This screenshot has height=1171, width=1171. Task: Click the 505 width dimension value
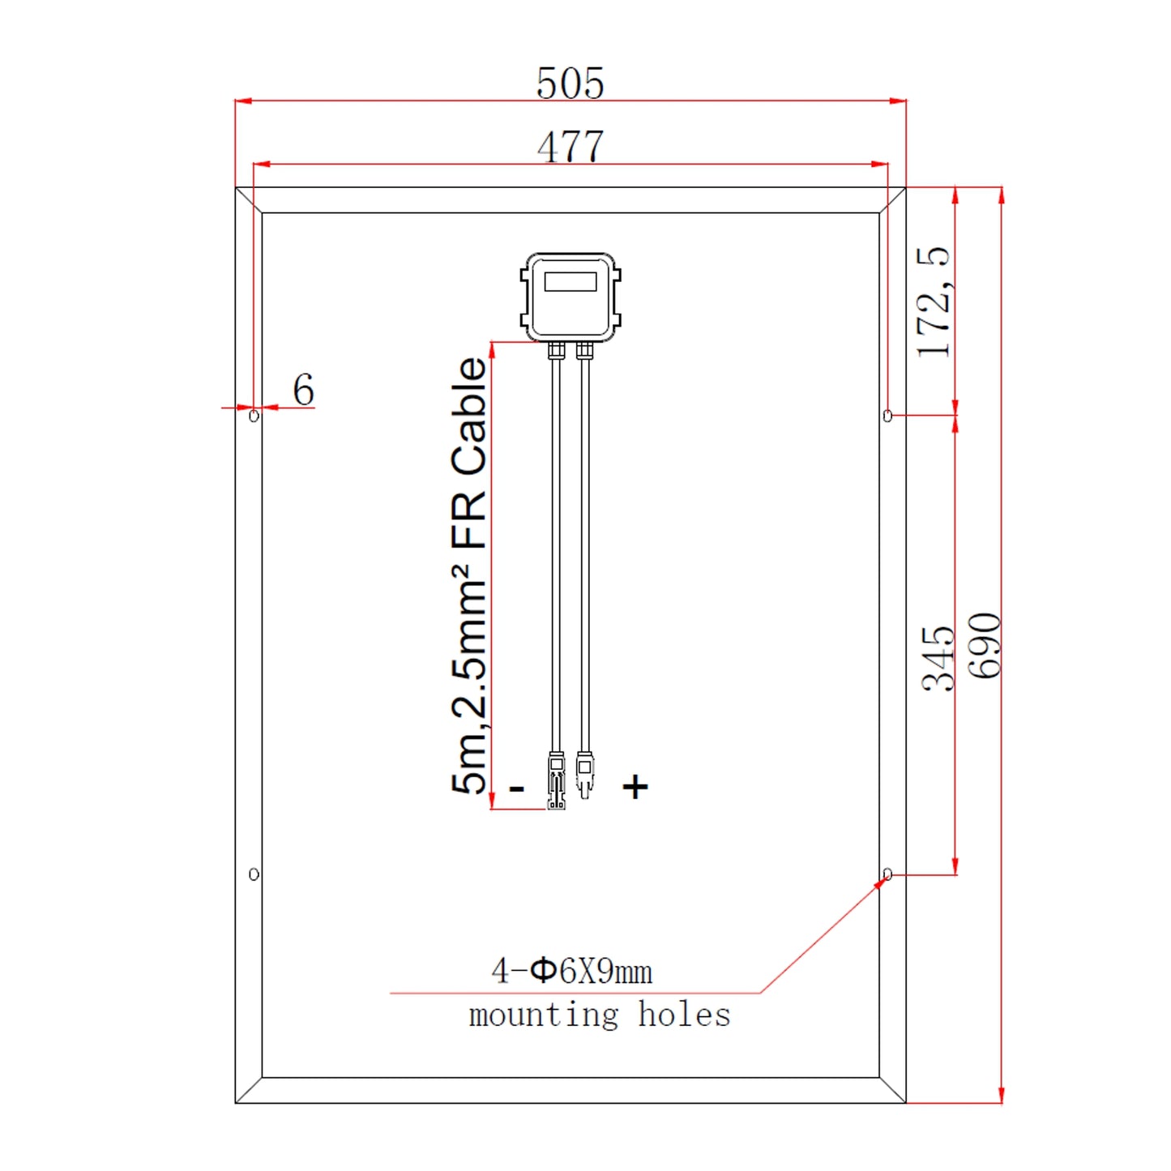[x=570, y=83]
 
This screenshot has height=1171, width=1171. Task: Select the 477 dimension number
[x=570, y=147]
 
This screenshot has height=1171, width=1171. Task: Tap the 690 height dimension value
[x=985, y=645]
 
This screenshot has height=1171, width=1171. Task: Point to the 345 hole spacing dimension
[x=938, y=657]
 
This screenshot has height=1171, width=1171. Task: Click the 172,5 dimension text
[x=934, y=302]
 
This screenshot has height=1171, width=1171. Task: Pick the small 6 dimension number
[x=303, y=390]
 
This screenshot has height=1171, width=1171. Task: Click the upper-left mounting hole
[x=254, y=416]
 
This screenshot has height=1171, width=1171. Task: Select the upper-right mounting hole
[x=887, y=416]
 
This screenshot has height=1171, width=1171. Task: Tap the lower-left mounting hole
[x=254, y=874]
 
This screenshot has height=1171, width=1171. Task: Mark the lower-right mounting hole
[x=887, y=874]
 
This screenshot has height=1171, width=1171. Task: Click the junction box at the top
[x=571, y=297]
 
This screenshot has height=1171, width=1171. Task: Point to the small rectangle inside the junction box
[x=571, y=281]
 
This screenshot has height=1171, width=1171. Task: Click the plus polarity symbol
[x=635, y=787]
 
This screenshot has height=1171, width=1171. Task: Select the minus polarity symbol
[x=516, y=788]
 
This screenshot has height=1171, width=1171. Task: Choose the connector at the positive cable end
[x=584, y=774]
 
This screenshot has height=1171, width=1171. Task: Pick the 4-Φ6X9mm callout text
[x=571, y=971]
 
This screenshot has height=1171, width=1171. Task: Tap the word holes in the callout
[x=684, y=1015]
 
